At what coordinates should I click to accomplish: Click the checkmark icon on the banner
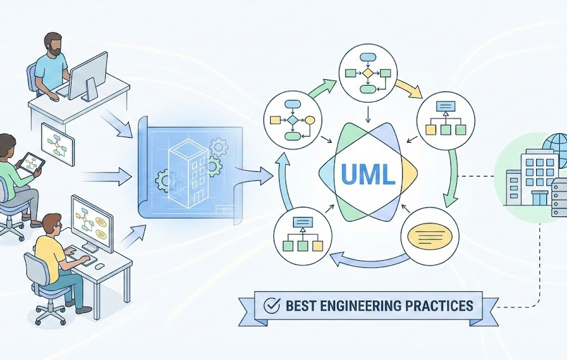pos(271,305)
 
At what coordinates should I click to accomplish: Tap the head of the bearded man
pos(54,45)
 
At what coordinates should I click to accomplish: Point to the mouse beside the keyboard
pos(100,265)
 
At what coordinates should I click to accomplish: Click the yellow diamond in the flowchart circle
pos(368,73)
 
